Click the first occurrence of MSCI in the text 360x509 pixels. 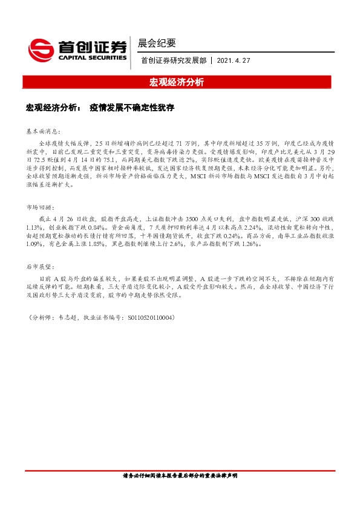click(200, 178)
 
